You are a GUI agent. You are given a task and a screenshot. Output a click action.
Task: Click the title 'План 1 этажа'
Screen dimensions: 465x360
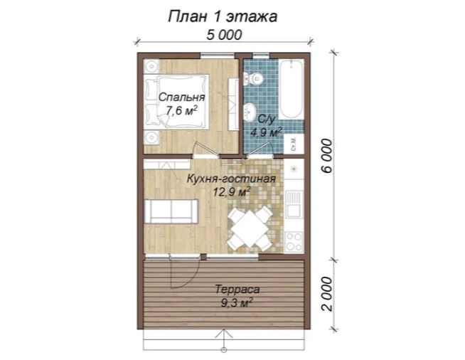pos(223,16)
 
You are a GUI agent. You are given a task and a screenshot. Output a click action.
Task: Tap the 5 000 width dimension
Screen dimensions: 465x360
pos(224,35)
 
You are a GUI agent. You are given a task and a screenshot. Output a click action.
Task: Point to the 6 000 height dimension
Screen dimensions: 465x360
pos(328,156)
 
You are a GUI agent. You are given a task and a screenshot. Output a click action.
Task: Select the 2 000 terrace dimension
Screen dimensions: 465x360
pos(328,294)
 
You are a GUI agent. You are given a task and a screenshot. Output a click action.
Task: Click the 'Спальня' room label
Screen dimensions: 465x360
pos(181,97)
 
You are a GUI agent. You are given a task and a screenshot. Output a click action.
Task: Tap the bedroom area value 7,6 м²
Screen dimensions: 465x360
pos(181,111)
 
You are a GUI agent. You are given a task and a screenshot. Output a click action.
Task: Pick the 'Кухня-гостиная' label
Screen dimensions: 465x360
pos(231,179)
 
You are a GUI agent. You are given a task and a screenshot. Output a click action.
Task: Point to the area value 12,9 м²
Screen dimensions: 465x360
pos(231,191)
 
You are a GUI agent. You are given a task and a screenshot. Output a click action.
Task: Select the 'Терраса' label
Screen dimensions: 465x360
pos(237,290)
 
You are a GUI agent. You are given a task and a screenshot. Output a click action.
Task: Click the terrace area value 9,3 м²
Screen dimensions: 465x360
pos(237,303)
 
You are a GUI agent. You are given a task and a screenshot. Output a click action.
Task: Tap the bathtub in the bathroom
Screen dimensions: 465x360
pos(292,89)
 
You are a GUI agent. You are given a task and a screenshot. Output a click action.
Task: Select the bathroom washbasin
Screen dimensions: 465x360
pos(250,112)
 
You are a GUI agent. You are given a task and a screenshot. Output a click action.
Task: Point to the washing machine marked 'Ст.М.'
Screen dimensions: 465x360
pos(294,144)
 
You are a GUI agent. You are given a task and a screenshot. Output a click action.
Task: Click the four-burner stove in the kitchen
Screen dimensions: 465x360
pos(294,242)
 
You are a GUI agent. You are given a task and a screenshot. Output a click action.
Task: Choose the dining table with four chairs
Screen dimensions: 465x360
pos(250,228)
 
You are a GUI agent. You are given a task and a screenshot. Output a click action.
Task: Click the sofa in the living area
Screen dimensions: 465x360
pos(171,211)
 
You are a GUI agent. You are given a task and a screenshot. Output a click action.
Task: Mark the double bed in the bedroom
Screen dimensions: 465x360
pos(176,102)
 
